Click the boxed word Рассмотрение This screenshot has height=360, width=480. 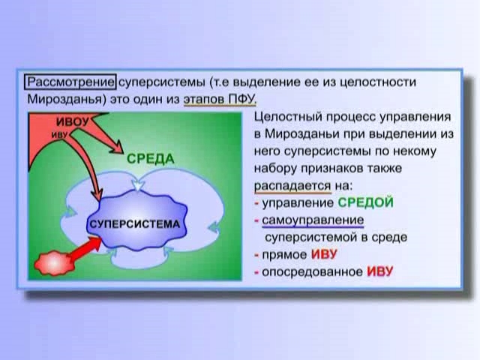point(70,82)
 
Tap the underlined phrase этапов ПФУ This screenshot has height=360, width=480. point(220,100)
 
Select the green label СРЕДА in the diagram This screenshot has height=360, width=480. point(150,159)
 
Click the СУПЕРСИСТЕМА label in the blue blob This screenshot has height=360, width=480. point(135,224)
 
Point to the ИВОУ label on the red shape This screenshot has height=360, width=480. point(73,121)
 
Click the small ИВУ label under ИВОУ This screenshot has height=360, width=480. point(59,135)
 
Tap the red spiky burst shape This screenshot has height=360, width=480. point(54,263)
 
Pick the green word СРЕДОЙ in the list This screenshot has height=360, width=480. point(365,202)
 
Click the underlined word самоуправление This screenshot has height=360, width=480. point(313,220)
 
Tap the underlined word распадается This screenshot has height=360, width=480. point(292,186)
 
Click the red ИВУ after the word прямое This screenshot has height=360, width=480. point(324,254)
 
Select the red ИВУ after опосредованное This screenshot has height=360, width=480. point(379,271)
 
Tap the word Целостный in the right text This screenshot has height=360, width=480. point(287,117)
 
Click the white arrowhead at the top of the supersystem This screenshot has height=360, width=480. point(138,185)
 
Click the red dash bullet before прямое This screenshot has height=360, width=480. point(256,255)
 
